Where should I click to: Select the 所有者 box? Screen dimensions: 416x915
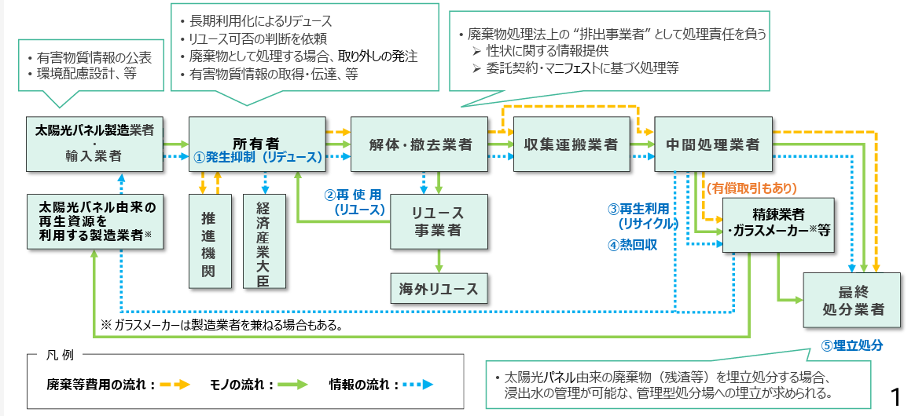pos(256,143)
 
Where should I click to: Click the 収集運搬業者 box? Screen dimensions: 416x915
pos(571,144)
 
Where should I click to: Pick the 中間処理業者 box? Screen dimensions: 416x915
pos(712,144)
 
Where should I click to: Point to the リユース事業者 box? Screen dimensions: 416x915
pos(439,222)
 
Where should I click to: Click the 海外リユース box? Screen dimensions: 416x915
pos(439,288)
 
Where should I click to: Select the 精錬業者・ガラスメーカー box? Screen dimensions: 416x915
pos(777,224)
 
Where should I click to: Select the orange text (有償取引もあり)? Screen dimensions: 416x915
pos(751,188)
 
